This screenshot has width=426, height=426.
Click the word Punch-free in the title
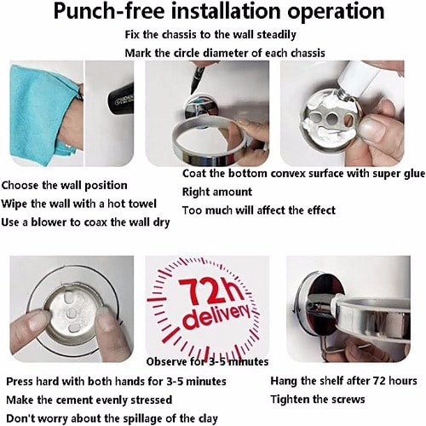point(109,12)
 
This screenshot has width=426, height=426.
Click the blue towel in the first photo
point(43,113)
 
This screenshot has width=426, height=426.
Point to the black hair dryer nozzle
point(120,99)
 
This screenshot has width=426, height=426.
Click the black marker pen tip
point(194,85)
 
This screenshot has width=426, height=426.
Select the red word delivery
point(217,316)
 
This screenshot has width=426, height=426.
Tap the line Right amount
point(217,192)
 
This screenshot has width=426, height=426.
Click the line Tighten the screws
point(318,400)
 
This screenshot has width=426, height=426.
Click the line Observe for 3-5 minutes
point(207,361)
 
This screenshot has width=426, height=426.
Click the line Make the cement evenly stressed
point(89,400)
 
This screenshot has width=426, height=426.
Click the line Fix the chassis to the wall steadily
point(210,35)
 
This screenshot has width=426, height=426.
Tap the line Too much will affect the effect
point(259,210)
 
